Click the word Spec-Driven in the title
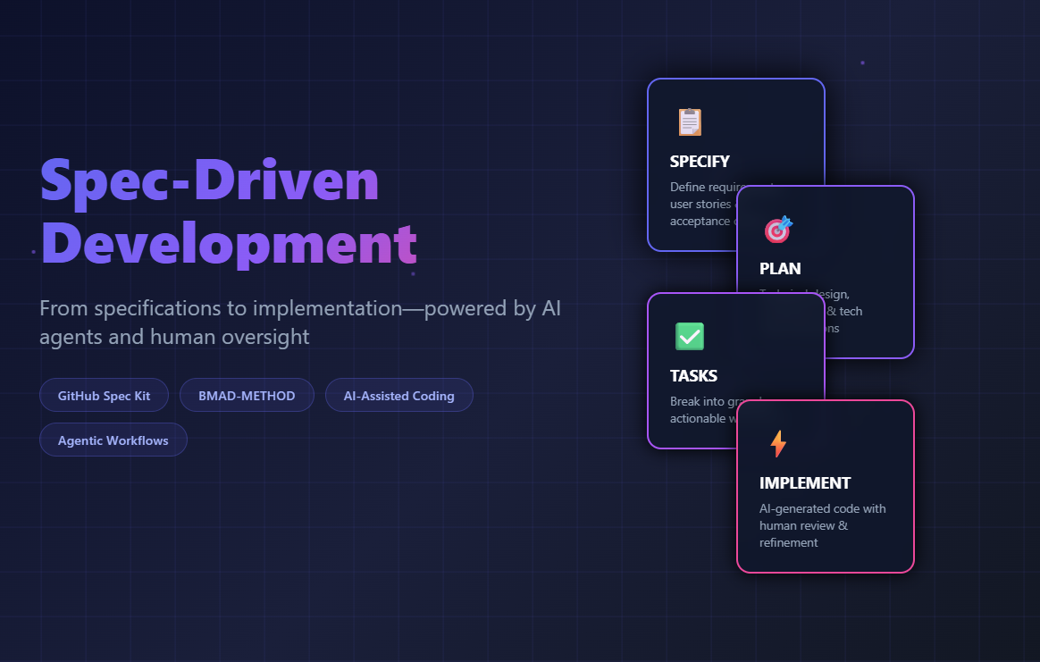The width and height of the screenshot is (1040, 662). click(x=210, y=181)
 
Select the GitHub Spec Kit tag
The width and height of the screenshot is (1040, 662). click(x=104, y=396)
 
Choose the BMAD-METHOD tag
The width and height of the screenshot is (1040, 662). click(x=247, y=396)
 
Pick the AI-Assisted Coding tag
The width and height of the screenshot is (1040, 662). click(x=398, y=396)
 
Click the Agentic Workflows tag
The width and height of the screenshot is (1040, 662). click(x=113, y=440)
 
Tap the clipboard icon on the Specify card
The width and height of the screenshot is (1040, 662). click(x=689, y=122)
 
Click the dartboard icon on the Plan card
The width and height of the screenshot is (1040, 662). click(x=778, y=229)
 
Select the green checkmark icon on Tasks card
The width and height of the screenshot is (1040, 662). click(x=689, y=336)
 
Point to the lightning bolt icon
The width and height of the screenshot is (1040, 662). click(x=778, y=443)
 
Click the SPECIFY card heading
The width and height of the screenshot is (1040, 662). click(x=700, y=162)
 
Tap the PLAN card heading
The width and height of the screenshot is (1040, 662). click(x=780, y=269)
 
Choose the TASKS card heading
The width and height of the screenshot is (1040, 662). click(x=693, y=376)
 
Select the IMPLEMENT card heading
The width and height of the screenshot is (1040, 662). click(x=805, y=483)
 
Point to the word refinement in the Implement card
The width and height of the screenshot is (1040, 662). click(x=789, y=542)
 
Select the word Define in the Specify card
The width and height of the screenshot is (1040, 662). click(x=686, y=187)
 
